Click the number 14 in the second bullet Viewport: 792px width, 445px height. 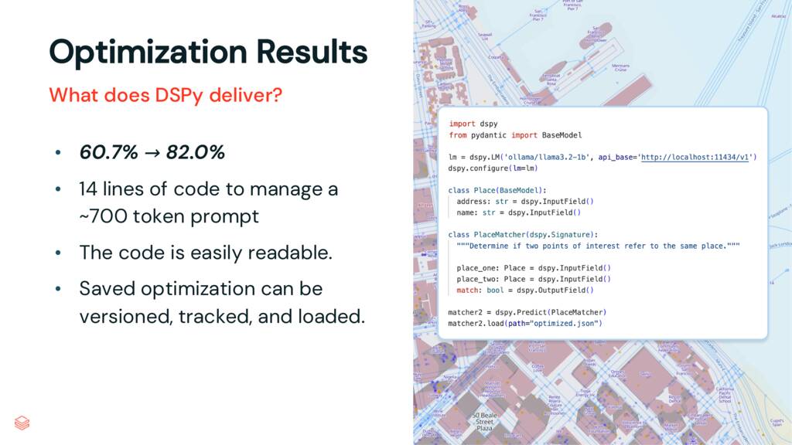(x=89, y=189)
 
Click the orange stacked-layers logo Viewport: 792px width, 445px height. (x=22, y=423)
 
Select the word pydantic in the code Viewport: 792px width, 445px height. (x=488, y=135)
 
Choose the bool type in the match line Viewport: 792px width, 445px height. (x=495, y=290)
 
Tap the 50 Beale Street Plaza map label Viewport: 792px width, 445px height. (x=484, y=422)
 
